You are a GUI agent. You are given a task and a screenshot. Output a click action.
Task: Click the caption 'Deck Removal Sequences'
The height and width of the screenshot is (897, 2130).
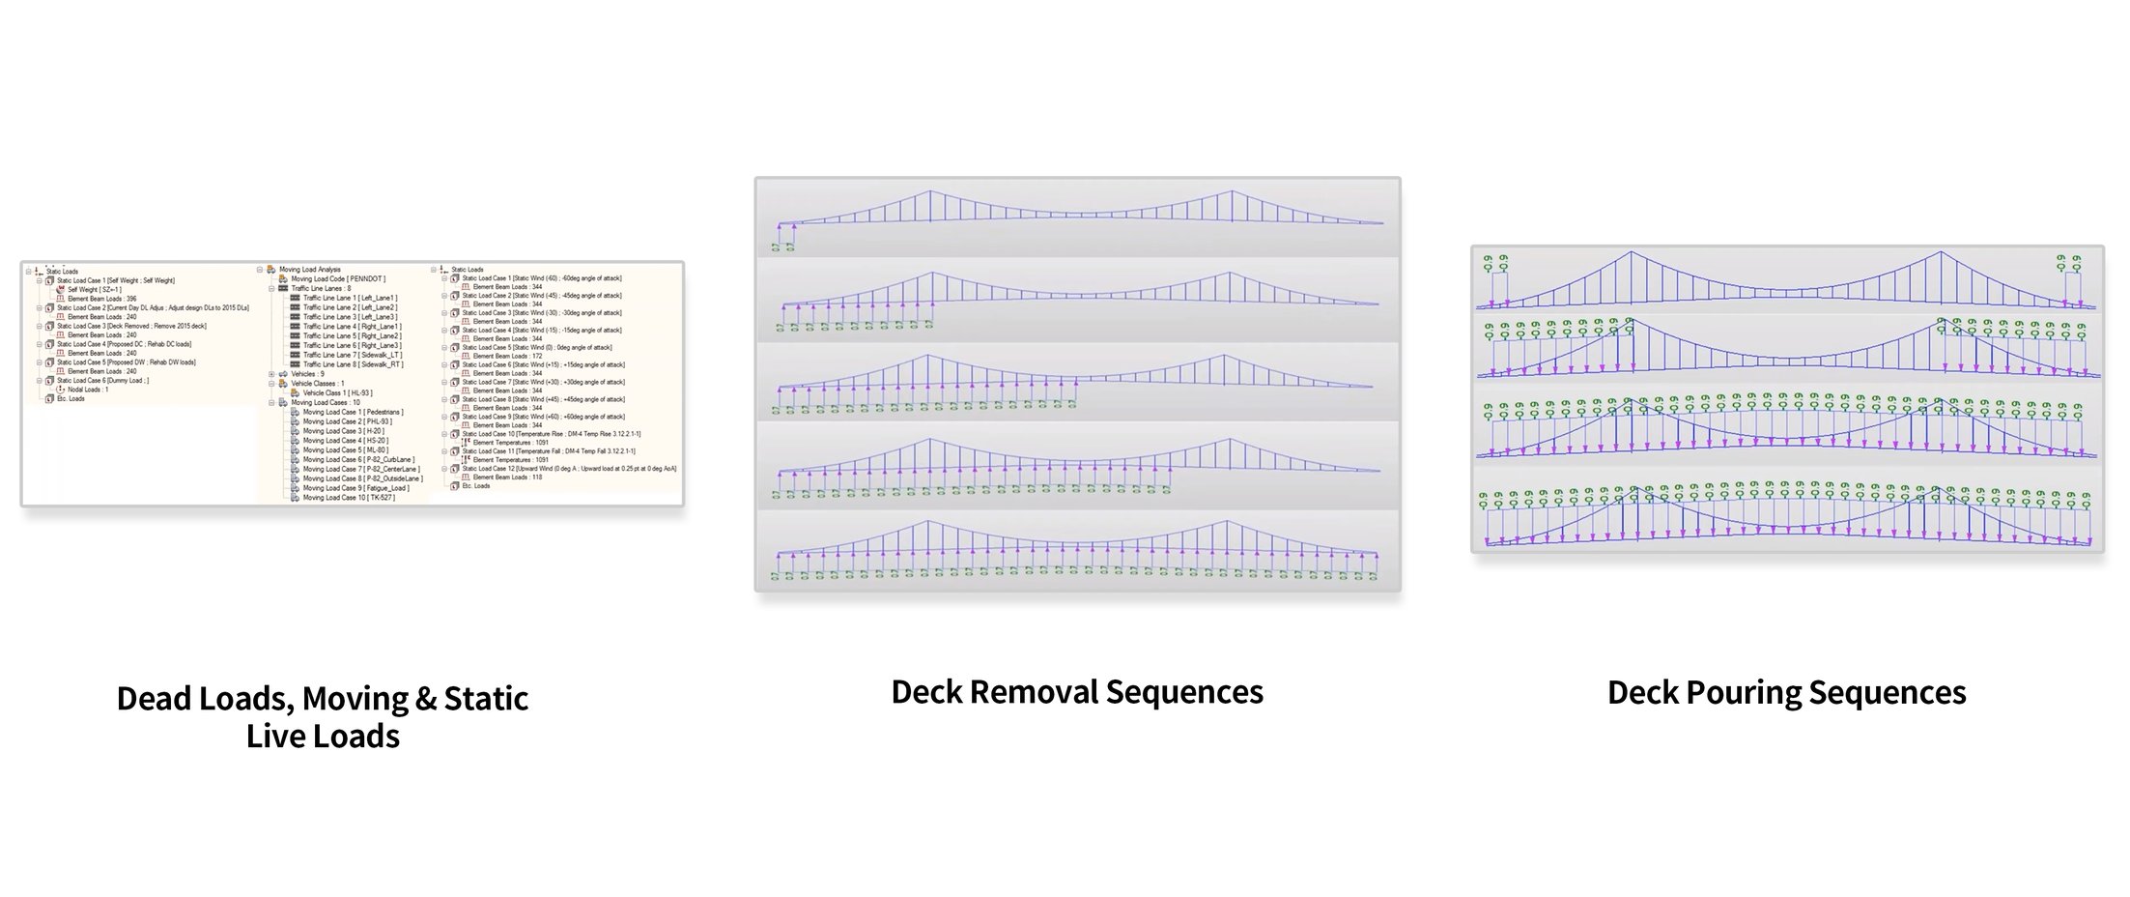point(1076,692)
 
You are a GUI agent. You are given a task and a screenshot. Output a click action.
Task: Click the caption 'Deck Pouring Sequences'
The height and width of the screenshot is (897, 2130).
point(1786,693)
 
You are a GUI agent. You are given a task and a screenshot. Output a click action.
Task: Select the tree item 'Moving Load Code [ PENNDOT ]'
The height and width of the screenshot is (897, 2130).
point(338,279)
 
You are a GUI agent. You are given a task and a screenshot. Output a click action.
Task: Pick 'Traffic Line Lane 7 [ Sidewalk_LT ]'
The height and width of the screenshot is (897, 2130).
point(352,355)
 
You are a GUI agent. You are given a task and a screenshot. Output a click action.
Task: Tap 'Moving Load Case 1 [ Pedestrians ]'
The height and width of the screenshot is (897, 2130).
point(353,412)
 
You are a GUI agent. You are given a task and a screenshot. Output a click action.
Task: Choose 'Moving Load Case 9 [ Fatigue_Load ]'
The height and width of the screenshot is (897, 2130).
point(355,488)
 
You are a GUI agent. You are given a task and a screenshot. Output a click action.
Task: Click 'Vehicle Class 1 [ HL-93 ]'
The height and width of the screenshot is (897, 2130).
point(337,393)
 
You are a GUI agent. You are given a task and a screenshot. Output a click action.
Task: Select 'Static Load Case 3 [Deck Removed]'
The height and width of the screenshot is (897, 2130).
point(131,326)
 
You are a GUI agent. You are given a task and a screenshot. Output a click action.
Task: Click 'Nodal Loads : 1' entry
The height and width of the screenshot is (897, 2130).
point(88,390)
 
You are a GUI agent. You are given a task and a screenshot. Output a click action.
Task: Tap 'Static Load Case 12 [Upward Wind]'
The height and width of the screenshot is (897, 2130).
point(569,469)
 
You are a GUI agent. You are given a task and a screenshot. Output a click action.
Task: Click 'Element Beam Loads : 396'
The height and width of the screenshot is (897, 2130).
point(101,299)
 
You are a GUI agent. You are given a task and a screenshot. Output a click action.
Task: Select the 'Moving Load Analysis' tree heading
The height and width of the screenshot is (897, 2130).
point(309,270)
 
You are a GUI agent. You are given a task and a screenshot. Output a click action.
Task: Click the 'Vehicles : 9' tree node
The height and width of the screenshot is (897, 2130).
point(307,374)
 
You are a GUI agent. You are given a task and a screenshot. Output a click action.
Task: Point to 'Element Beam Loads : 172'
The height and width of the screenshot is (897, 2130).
point(507,356)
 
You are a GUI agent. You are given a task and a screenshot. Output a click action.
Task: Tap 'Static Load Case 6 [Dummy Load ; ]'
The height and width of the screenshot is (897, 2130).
point(102,381)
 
